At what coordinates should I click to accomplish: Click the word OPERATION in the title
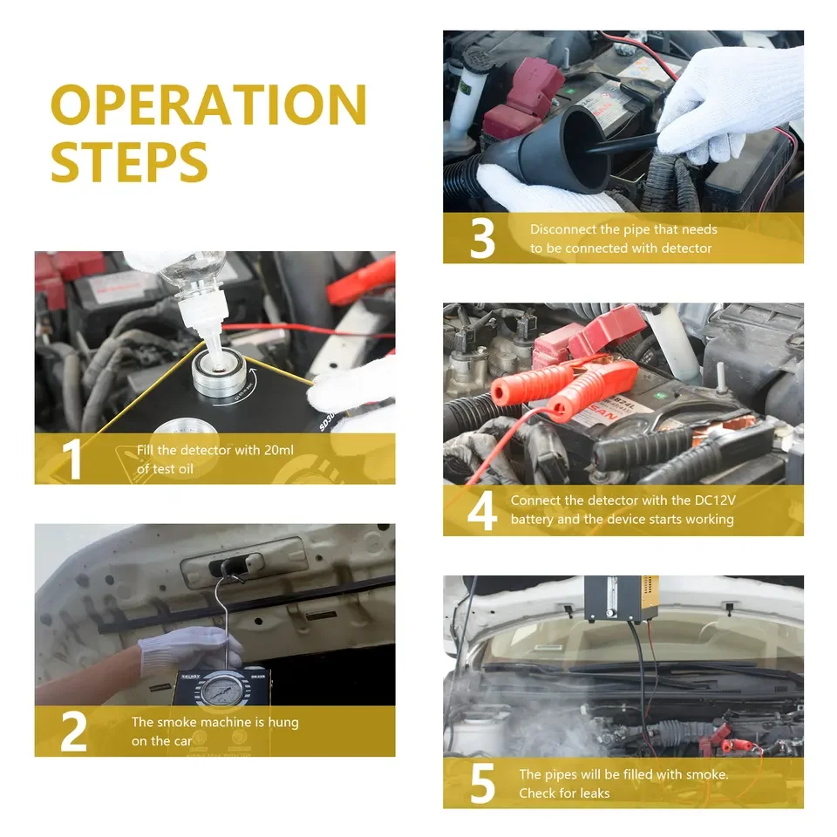(208, 105)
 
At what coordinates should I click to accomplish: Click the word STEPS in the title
(129, 162)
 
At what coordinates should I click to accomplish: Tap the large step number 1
(72, 459)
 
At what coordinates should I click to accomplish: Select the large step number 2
(73, 732)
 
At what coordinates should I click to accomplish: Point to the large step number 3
(482, 238)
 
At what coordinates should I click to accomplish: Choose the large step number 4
(482, 511)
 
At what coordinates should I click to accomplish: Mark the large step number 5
(482, 784)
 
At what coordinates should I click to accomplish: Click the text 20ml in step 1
(279, 450)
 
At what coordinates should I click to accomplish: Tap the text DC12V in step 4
(715, 500)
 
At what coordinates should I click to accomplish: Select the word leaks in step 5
(595, 793)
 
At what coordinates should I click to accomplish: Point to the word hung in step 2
(283, 723)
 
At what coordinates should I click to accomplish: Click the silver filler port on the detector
(219, 372)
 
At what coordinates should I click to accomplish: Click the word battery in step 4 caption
(532, 520)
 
